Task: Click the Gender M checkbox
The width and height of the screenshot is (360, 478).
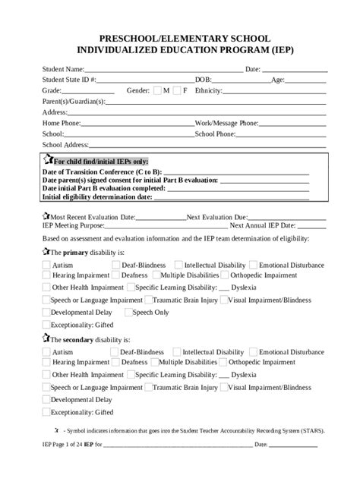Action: [x=156, y=90]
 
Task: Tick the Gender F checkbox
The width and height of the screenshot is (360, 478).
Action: [x=178, y=90]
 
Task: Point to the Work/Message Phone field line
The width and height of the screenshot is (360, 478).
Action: [x=293, y=124]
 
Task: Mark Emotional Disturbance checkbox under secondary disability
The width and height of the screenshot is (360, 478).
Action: [x=254, y=352]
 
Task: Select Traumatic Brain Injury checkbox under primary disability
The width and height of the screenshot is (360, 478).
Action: [x=147, y=300]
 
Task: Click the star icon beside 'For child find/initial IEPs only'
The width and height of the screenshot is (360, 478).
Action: [x=49, y=159]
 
